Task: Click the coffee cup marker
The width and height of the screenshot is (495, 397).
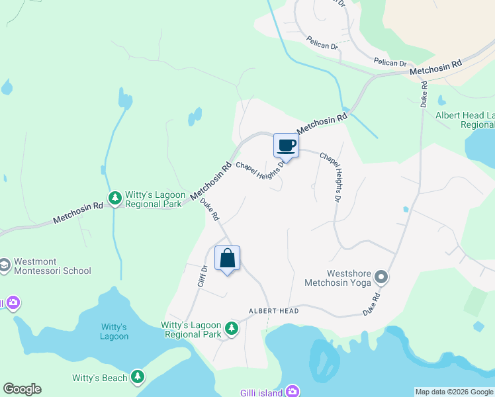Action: coord(287,146)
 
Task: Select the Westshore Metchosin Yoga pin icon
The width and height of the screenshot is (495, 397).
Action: coord(381,276)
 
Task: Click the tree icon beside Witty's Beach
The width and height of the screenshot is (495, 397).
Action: coord(138,376)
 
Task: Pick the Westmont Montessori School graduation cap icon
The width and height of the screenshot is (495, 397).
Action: coord(5,265)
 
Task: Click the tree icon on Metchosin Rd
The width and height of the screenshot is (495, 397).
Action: coord(115,198)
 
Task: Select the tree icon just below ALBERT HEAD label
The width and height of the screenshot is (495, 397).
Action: coord(231,328)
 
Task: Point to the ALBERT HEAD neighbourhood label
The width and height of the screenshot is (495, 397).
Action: coord(273,311)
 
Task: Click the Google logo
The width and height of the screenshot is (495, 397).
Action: coord(22,389)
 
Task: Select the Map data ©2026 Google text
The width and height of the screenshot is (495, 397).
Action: coord(454,392)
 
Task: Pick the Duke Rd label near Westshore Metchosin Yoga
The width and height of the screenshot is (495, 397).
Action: coord(373,303)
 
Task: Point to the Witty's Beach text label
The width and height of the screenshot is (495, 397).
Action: coord(99,378)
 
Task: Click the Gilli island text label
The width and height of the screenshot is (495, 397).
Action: coord(261,392)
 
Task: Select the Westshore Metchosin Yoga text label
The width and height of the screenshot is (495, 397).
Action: coord(336,278)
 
